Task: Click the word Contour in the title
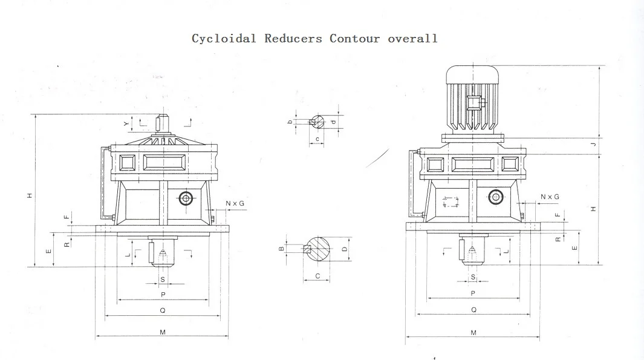point(354,39)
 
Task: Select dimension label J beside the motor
point(594,144)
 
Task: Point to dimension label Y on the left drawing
point(126,123)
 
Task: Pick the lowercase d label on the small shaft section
point(333,122)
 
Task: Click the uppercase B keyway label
point(281,248)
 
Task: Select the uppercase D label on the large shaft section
point(344,249)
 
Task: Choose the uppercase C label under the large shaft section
point(317,277)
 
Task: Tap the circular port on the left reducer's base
point(186,198)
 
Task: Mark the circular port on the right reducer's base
point(496,196)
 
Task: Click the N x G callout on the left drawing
point(235,203)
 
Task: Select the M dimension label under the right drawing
point(473,333)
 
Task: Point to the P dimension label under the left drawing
point(163,295)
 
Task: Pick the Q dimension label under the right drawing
point(473,310)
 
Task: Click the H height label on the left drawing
point(29,195)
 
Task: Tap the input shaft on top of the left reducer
point(163,125)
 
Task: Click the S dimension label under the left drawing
point(163,279)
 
